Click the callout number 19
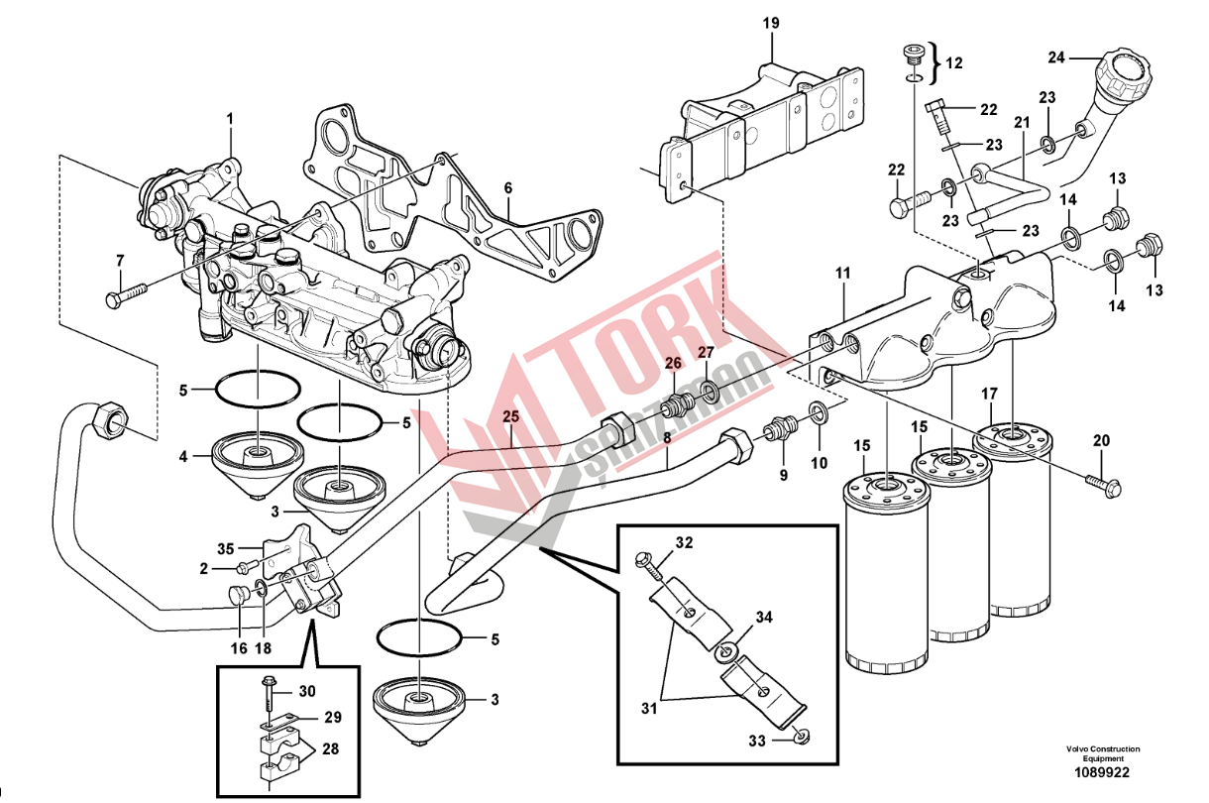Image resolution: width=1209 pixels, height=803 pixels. tap(772, 22)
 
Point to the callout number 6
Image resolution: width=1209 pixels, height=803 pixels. tap(507, 186)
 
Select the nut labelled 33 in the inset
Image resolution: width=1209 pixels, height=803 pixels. tap(803, 737)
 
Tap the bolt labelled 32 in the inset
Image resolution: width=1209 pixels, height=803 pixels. tap(650, 564)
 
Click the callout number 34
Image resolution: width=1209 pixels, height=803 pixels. tap(763, 618)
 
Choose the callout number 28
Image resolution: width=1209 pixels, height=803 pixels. tap(329, 749)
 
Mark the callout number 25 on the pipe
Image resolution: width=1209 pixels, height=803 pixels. tap(509, 416)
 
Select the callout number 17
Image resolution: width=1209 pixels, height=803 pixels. tap(989, 394)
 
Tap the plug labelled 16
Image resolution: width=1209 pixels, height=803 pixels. tap(238, 595)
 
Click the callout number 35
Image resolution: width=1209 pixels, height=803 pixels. tap(225, 547)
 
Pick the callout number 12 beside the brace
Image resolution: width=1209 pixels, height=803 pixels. tap(953, 62)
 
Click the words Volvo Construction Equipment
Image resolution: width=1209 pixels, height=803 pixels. tap(1103, 753)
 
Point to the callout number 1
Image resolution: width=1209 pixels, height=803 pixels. tap(229, 119)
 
